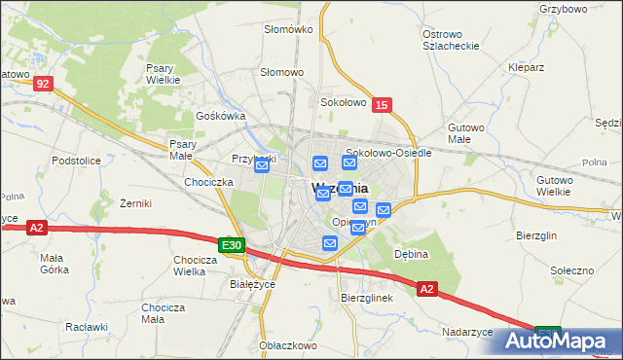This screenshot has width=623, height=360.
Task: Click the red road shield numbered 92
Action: coord(41,85)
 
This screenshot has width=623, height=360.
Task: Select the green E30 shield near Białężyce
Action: coord(231,246)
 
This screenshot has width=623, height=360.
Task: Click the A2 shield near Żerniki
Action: coord(36,228)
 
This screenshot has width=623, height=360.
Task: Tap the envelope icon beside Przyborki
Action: coord(262,166)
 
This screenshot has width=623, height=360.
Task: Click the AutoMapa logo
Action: coord(558,341)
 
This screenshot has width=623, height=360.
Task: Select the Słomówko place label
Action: coord(288,29)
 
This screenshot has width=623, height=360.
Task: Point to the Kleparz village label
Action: coord(526,68)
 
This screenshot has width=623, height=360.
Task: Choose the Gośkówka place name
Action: coord(219,115)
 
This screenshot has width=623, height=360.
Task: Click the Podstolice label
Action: coord(77,160)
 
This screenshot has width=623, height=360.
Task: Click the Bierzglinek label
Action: coord(366,298)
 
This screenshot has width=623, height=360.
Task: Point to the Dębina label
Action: coord(411,254)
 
